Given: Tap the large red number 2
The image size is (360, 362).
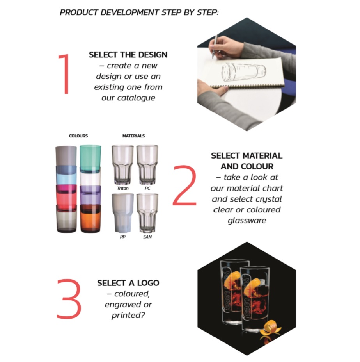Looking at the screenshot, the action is point(184,185).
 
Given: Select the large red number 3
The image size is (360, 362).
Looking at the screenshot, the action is point(69,299).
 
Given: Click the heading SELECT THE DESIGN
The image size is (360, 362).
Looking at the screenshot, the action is point(128,55).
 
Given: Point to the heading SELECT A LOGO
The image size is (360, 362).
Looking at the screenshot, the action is point(128,283).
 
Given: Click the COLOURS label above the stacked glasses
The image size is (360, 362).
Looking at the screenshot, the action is point(78,136).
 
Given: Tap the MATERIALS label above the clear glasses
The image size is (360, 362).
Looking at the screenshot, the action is point(133,136).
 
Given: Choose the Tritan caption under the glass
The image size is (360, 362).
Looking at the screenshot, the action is point(123,188).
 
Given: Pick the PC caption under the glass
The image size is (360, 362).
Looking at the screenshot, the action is point(147,188).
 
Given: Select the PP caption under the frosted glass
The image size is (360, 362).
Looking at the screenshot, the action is point(123,237).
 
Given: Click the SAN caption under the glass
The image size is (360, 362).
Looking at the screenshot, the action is point(147,237).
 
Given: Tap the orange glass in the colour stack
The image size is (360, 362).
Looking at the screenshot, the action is point(90,219).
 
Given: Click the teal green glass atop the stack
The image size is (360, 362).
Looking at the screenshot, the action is point(90,159).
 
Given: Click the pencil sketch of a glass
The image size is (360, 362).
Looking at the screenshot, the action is point(244,72).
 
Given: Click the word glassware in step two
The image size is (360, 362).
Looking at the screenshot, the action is point(247,221).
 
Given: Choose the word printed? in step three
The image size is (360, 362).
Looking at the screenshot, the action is point(128,316).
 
